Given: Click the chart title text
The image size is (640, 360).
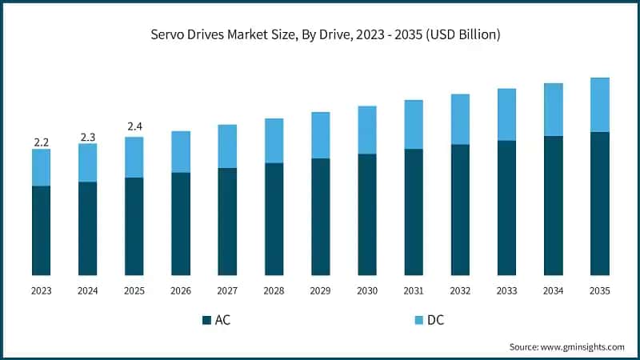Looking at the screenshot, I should (x=320, y=34).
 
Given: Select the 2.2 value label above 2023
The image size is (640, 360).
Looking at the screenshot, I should (x=41, y=142).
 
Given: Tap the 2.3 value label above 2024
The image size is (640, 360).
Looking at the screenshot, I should (x=87, y=137).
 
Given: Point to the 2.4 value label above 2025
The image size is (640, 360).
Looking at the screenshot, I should (x=134, y=126).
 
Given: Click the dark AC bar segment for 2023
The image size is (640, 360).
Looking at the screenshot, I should (x=41, y=230).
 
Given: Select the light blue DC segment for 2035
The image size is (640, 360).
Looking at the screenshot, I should (x=599, y=105).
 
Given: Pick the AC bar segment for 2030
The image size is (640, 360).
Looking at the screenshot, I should (x=367, y=214).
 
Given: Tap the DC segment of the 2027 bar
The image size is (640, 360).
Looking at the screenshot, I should (x=227, y=146).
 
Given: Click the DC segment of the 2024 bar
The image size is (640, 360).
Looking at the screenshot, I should (x=87, y=162).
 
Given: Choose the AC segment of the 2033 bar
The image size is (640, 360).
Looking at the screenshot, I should (x=506, y=208).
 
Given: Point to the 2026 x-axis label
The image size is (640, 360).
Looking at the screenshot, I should (x=181, y=291).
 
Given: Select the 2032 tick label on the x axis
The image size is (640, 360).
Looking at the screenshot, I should (x=460, y=291).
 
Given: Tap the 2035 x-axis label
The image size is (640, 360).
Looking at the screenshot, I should (x=599, y=291).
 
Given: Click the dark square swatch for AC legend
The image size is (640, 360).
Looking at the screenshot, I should (x=206, y=320).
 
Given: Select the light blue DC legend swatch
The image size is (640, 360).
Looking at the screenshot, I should (x=418, y=320).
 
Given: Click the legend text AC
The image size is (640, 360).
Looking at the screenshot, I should (x=223, y=320).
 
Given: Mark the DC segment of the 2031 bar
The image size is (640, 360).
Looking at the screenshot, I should (x=414, y=125).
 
